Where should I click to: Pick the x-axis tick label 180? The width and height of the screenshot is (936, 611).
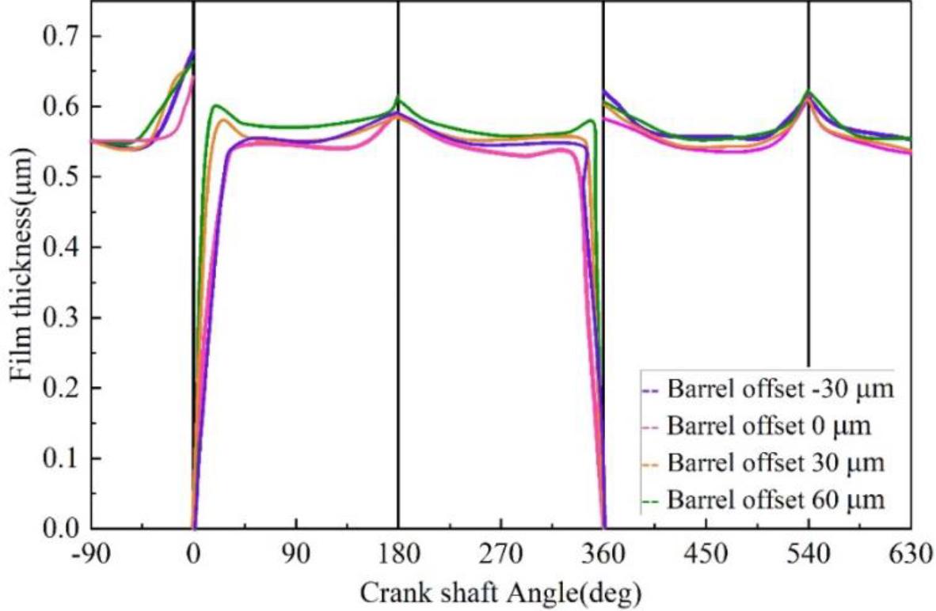tap(398, 555)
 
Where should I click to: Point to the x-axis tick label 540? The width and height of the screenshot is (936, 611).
tap(809, 555)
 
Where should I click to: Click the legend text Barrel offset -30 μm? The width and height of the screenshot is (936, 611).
tap(780, 390)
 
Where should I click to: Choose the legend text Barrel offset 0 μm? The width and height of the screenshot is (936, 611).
tap(769, 427)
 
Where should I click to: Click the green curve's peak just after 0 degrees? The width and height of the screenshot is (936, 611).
tap(215, 105)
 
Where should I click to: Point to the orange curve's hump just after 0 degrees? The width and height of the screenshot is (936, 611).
tap(223, 120)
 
